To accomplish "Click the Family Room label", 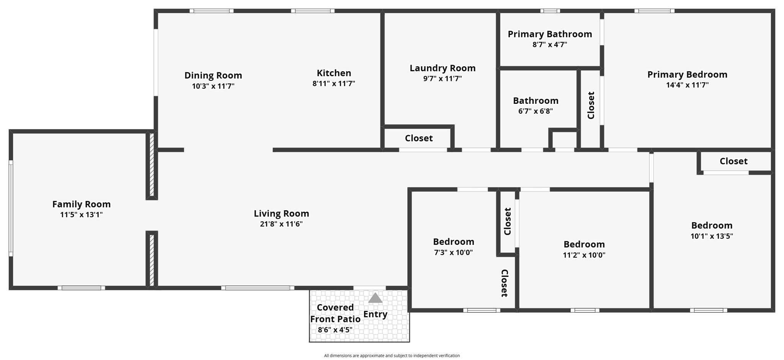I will (x=81, y=204).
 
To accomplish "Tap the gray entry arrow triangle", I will (x=375, y=298).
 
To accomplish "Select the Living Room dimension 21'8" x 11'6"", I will (x=281, y=224).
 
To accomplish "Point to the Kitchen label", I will (x=334, y=73).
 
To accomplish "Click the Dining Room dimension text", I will (x=213, y=86).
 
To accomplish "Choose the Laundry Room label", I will (x=443, y=68).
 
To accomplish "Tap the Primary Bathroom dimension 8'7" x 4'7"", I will (x=550, y=44).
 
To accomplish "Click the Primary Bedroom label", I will (x=687, y=75).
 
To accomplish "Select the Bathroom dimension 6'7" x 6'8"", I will (x=536, y=111).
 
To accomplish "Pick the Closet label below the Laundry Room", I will (x=419, y=138).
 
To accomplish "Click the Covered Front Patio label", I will (x=335, y=313).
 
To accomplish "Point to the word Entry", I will (x=375, y=314).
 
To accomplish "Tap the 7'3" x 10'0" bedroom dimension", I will (x=454, y=252).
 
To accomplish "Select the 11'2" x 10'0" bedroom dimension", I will (x=584, y=255).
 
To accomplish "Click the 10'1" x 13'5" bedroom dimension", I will (x=712, y=236).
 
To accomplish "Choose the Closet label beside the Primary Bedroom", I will (x=591, y=105).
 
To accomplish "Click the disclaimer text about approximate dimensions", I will (x=392, y=356).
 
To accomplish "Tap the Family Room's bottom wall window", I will (x=81, y=288).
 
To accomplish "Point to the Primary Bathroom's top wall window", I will (x=550, y=11).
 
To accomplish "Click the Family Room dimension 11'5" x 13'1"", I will (x=81, y=215).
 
